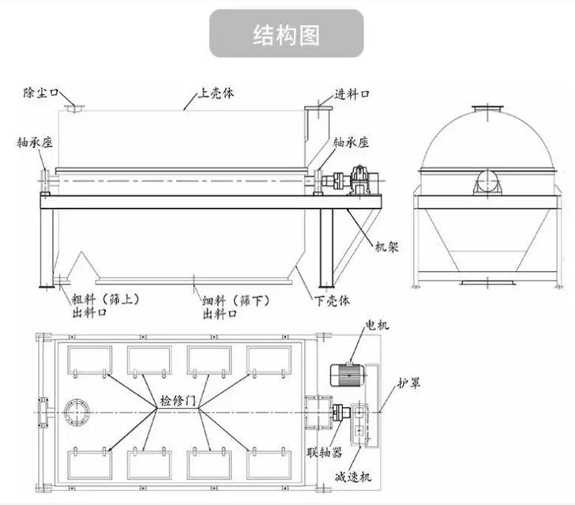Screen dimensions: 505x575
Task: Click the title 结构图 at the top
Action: coord(287,35)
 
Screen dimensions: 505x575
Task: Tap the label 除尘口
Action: coord(40,93)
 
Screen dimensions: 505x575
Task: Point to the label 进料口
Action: coord(354,94)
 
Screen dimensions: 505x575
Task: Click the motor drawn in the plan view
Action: coord(347,371)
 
